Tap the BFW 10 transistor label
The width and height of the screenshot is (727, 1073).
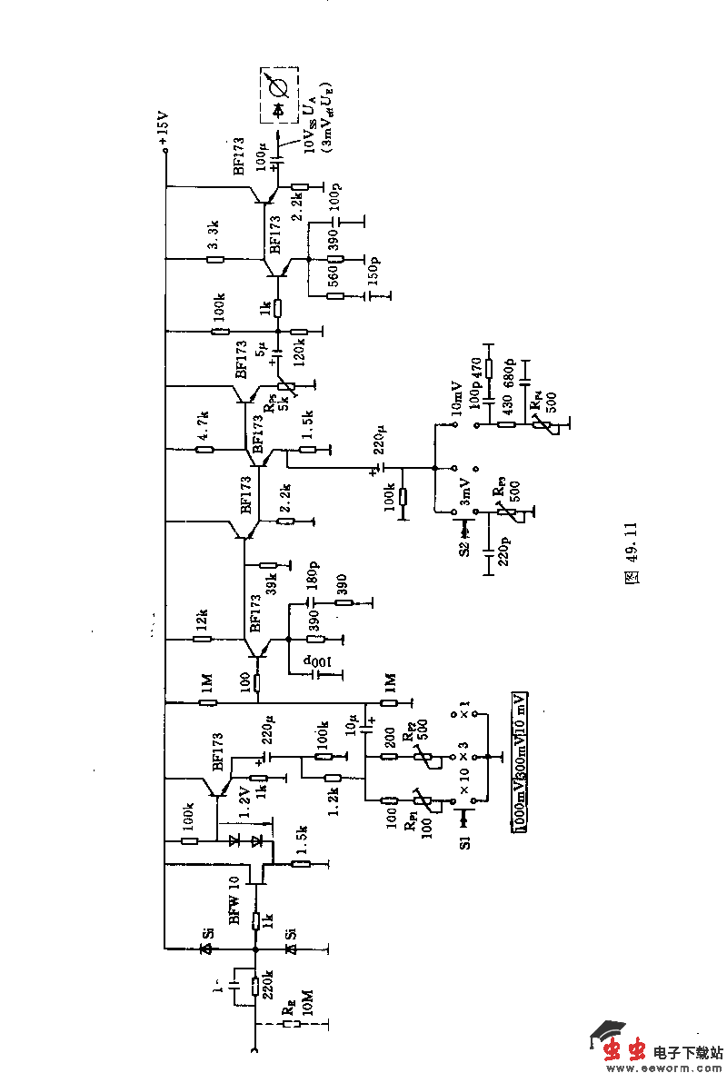click(234, 900)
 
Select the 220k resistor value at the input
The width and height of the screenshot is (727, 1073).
click(269, 982)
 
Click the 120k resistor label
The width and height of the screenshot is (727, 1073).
click(313, 348)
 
